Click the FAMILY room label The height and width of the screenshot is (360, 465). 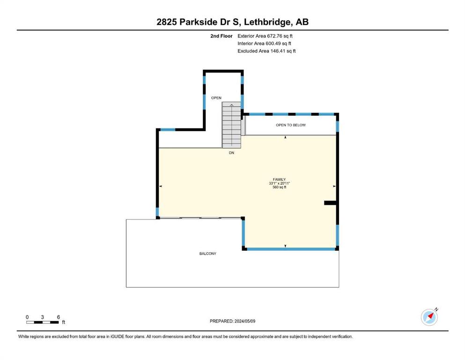(279, 180)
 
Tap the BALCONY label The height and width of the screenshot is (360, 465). (207, 254)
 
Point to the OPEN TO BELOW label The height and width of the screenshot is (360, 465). (291, 125)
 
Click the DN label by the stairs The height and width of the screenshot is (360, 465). (231, 153)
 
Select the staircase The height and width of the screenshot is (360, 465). (232, 125)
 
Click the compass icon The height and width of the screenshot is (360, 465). (429, 317)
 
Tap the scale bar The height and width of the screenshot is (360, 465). (43, 322)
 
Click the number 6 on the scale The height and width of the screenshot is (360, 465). (58, 317)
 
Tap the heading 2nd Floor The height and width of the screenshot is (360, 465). (221, 36)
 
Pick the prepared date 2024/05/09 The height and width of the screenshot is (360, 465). (245, 321)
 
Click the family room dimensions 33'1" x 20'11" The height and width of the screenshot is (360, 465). (279, 183)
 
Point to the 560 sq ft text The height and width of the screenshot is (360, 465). (279, 187)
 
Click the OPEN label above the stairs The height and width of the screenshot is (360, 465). (216, 98)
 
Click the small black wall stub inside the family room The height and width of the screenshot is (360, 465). (330, 202)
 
